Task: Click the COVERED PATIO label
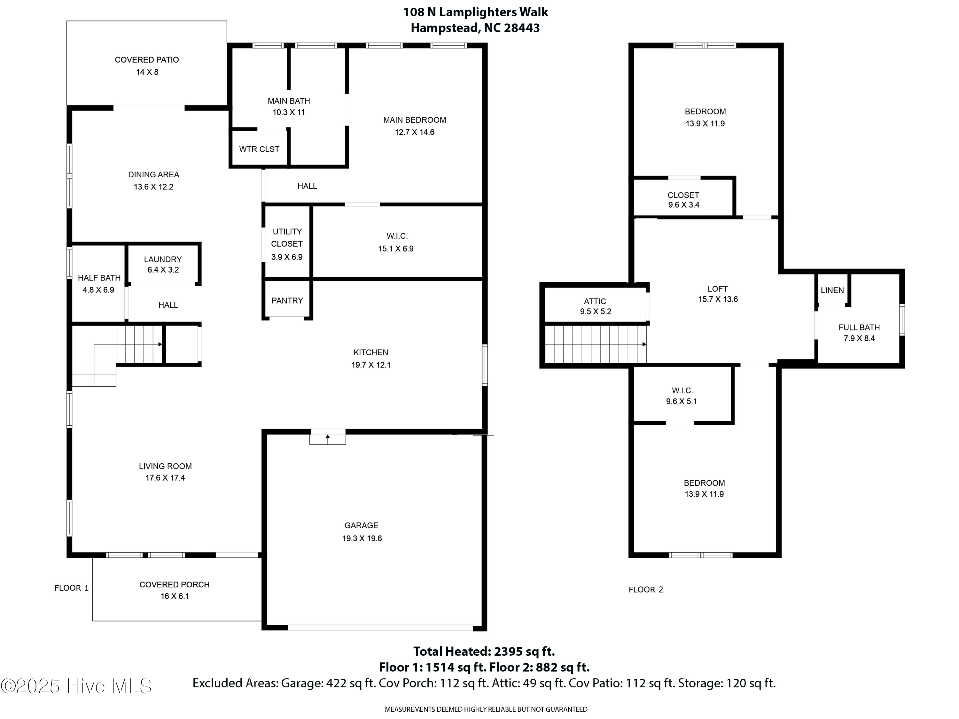[146, 60]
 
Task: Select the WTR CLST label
[259, 149]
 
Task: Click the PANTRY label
[287, 301]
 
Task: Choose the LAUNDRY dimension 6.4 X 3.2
[163, 270]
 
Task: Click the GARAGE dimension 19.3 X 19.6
[362, 538]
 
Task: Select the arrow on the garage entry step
[327, 437]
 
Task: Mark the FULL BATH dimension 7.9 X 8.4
[859, 338]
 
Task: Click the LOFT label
[717, 289]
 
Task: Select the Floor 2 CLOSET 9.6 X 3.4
[683, 200]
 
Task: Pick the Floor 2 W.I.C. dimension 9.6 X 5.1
[681, 402]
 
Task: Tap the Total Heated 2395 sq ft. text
[484, 651]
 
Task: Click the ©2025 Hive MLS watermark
[76, 686]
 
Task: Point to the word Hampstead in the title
[445, 28]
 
